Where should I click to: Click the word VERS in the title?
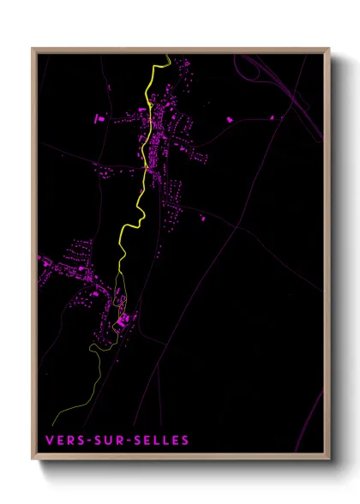64,441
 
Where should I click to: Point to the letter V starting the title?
50,441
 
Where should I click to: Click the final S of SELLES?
184,441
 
